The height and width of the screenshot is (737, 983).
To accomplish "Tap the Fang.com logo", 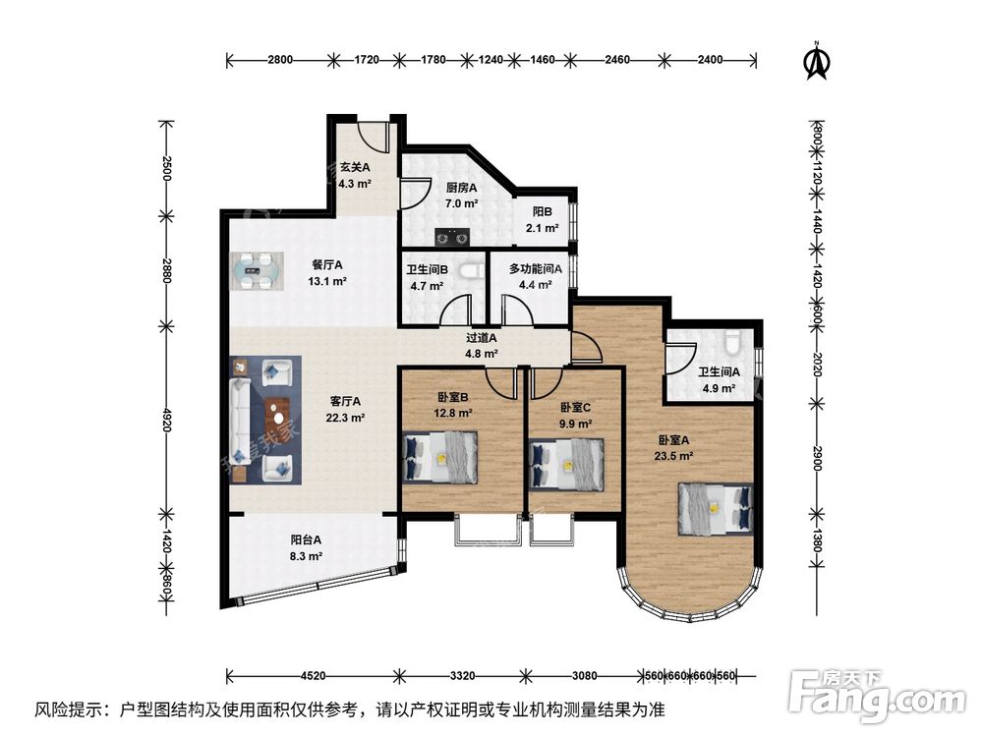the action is tap(877, 694).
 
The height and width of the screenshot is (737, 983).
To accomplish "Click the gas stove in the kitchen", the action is tap(452, 238).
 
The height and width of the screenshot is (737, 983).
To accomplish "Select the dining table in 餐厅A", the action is tap(257, 271).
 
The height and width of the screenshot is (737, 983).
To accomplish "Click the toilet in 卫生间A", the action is tap(731, 343).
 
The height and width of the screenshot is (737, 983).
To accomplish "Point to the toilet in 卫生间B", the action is tap(471, 270).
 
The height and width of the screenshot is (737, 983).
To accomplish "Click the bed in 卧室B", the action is tap(440, 458).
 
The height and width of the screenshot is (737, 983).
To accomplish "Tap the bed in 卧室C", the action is tap(567, 465).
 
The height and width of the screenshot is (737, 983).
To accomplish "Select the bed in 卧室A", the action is tap(716, 509).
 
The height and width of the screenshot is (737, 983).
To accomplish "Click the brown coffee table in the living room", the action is tap(279, 418).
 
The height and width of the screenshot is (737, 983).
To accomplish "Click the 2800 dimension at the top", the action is tap(280, 60).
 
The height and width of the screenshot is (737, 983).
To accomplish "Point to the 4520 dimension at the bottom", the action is tap(313, 676).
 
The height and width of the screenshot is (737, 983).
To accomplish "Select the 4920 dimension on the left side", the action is tap(166, 420).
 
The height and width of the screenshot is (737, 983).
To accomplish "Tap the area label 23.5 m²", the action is tap(673, 456).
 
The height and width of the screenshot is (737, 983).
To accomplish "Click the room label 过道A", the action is tap(481, 338).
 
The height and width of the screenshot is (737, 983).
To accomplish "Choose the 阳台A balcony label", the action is tap(306, 539).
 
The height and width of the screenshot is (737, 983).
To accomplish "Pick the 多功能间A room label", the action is tap(536, 269).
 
